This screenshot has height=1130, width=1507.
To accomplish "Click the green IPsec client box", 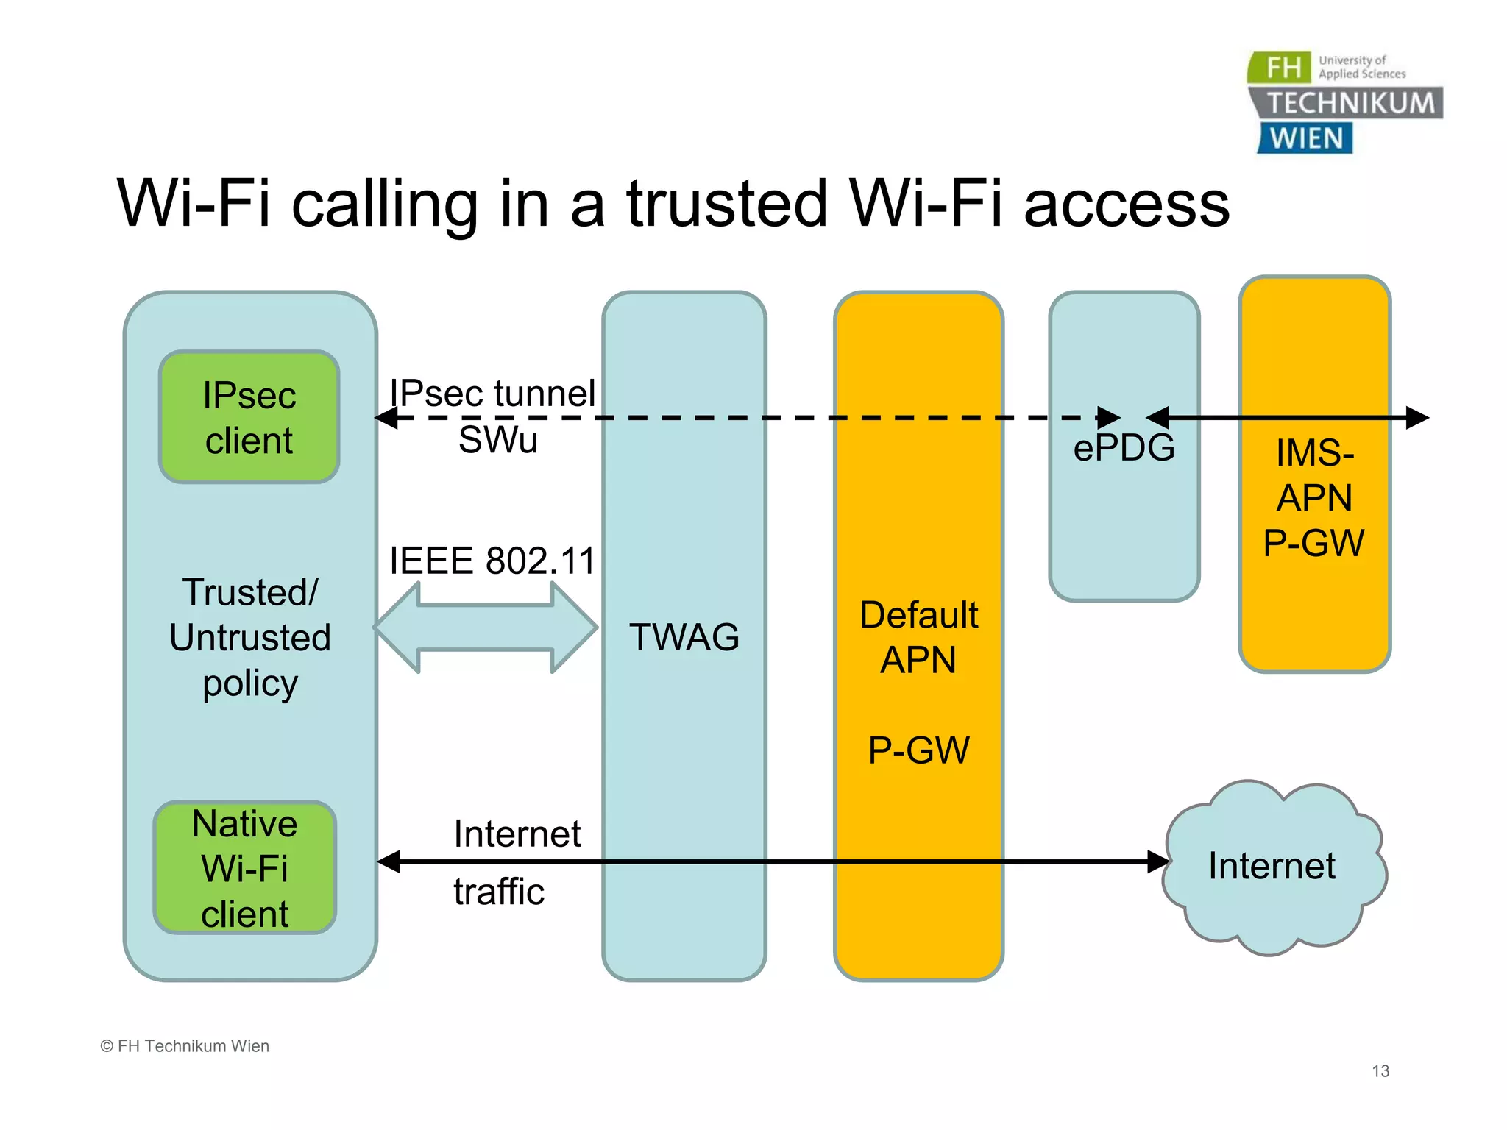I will point(249,417).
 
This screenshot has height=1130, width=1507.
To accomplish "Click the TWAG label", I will point(684,637).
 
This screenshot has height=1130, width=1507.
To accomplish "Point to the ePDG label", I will point(1124,448).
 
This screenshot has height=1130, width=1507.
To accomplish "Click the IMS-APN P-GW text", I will point(1314,498).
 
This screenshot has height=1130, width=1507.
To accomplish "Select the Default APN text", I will point(918,637).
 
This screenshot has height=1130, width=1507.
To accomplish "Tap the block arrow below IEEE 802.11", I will point(486,628).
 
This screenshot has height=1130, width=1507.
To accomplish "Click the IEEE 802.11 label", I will point(492,561).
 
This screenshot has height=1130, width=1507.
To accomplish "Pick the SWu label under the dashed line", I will point(497,441).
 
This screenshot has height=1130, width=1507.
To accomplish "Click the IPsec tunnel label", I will point(492,392).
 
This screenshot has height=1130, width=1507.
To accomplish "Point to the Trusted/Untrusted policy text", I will point(250,637).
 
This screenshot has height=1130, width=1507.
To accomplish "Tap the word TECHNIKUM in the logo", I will point(1351,103).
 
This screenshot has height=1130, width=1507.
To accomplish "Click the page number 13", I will point(1380,1071).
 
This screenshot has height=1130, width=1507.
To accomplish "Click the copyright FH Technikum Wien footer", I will point(185,1046).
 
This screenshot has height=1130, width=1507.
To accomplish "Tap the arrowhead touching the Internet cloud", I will point(1158,861).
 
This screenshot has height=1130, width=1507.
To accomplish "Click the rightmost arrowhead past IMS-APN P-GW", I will point(1416,418).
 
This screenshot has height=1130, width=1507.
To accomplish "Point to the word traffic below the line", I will point(498,892).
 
